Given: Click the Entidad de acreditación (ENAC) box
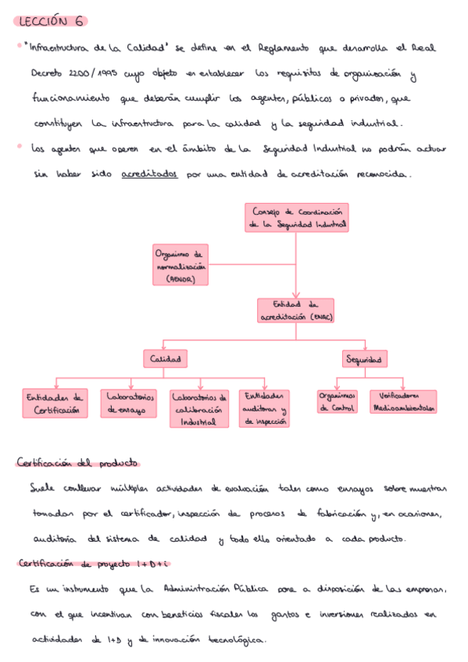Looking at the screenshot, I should click(x=295, y=311).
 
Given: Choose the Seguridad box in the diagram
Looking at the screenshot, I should click(x=365, y=359).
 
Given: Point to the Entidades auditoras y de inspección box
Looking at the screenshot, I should click(x=264, y=408).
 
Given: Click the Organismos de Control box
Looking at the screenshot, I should click(x=337, y=401).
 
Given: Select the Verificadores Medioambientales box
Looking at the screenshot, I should click(x=404, y=401).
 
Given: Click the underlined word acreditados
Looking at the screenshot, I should click(x=149, y=174).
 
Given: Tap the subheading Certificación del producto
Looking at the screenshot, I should click(x=77, y=462).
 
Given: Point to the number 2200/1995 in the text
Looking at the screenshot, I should click(x=80, y=74).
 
